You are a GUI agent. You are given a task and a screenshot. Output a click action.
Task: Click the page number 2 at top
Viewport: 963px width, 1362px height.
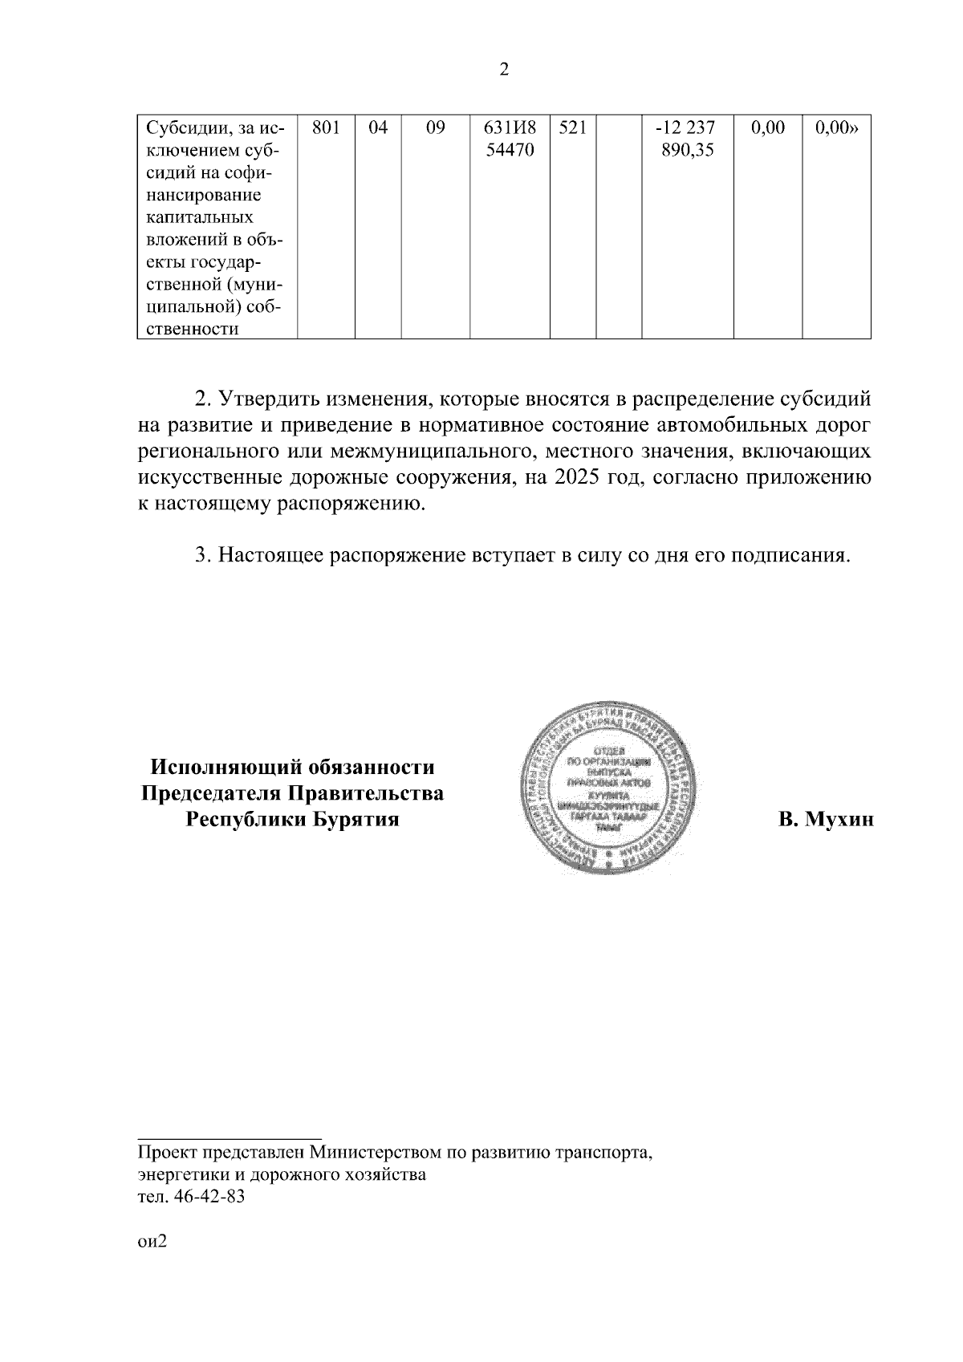(503, 70)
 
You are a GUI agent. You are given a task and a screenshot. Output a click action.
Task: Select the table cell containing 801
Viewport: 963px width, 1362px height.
(326, 128)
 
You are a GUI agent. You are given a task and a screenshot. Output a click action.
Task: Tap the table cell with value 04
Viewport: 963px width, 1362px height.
(377, 128)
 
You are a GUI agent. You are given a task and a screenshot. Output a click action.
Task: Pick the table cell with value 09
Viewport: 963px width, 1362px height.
(435, 128)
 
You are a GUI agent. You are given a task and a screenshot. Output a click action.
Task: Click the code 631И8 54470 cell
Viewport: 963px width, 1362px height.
(509, 139)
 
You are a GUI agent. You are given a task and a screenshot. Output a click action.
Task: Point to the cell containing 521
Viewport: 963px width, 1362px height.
(572, 128)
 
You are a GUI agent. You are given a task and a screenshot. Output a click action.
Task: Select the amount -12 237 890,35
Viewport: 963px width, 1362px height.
(687, 139)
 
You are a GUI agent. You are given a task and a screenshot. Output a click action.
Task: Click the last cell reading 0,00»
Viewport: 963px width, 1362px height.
(836, 128)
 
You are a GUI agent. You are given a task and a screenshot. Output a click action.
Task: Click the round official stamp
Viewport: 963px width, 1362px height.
(608, 788)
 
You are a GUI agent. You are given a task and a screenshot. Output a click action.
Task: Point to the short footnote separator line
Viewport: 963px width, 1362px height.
(230, 1137)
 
